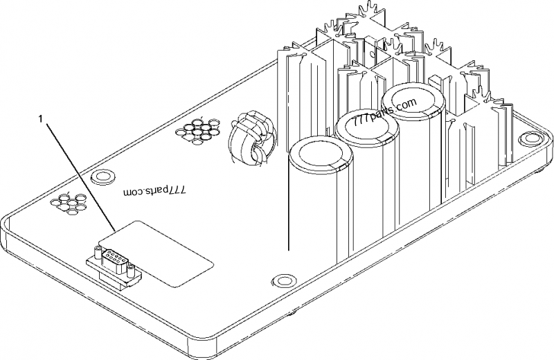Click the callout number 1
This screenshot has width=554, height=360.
tap(43, 119)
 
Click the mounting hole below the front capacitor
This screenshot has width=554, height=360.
tap(282, 281)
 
